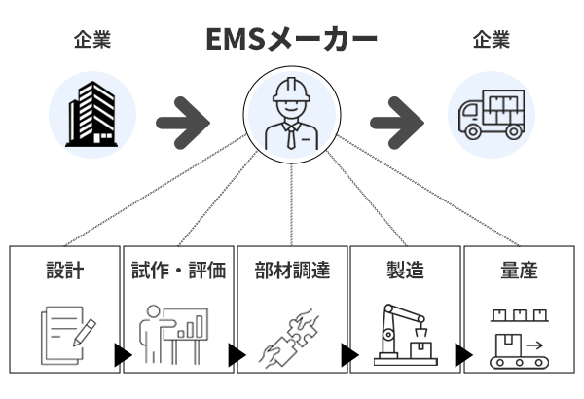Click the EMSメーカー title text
click(291, 40)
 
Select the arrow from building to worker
click(184, 117)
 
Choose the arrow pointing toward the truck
click(399, 117)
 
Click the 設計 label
click(65, 271)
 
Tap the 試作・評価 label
click(178, 271)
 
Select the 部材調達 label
click(291, 271)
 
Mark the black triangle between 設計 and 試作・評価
click(123, 356)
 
